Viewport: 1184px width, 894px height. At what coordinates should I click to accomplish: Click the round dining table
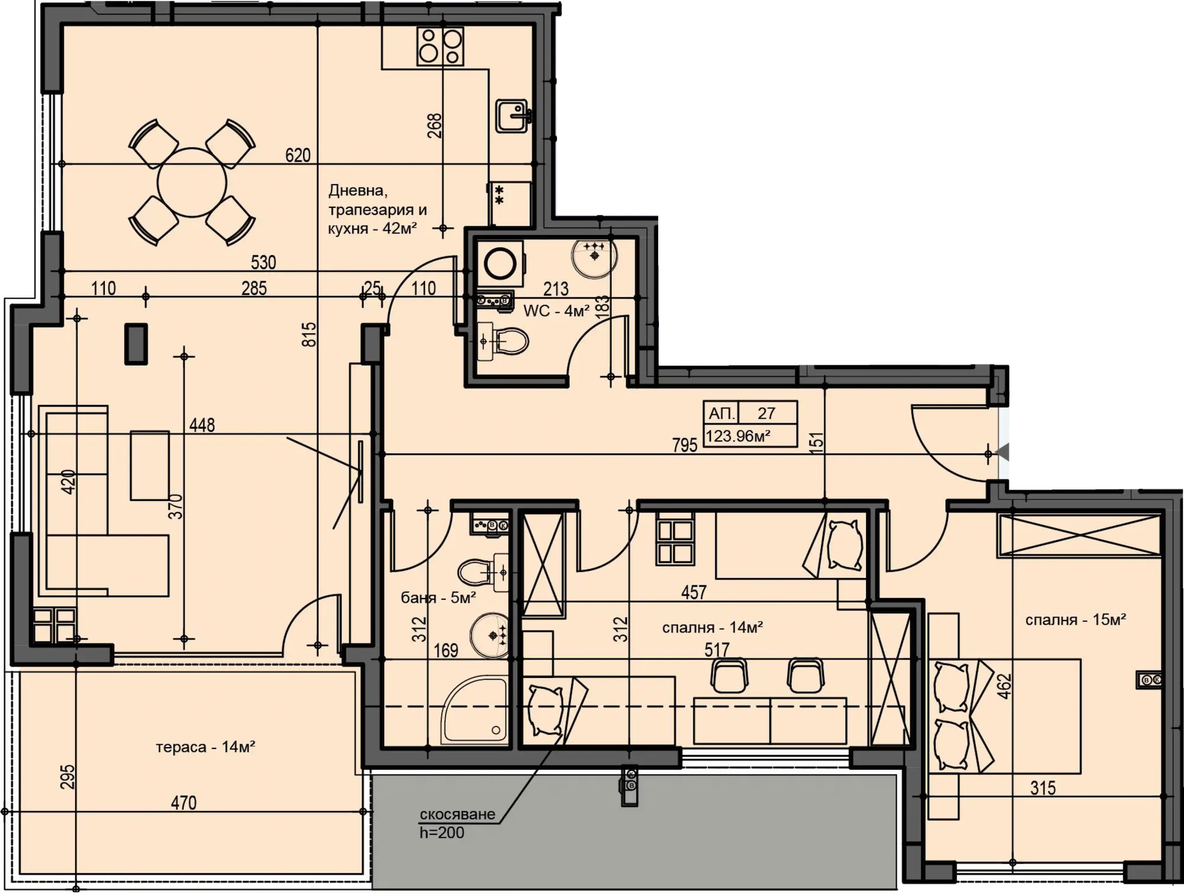[x=192, y=183]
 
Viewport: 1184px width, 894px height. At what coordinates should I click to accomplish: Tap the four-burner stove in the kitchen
[x=440, y=46]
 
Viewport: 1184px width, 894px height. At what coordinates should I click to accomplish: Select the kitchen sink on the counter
[x=512, y=116]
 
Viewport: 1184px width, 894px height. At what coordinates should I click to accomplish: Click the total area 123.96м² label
[x=738, y=436]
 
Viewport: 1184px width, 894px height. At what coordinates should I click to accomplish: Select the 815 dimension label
[x=309, y=335]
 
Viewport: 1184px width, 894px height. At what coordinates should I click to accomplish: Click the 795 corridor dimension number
[x=685, y=445]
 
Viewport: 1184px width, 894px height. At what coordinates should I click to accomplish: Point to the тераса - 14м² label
[x=205, y=747]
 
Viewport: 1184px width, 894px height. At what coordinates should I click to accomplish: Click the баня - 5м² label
[x=439, y=598]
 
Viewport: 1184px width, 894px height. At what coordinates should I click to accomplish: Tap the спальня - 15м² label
[x=1076, y=620]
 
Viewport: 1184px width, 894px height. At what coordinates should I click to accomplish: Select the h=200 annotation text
[x=442, y=832]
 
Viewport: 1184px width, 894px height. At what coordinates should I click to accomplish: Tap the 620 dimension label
[x=298, y=155]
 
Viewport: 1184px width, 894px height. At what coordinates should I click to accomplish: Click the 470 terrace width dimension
[x=184, y=803]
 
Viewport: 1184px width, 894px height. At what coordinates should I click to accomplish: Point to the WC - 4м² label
[x=556, y=311]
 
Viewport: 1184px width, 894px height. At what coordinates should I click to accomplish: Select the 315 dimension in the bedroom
[x=1043, y=788]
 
